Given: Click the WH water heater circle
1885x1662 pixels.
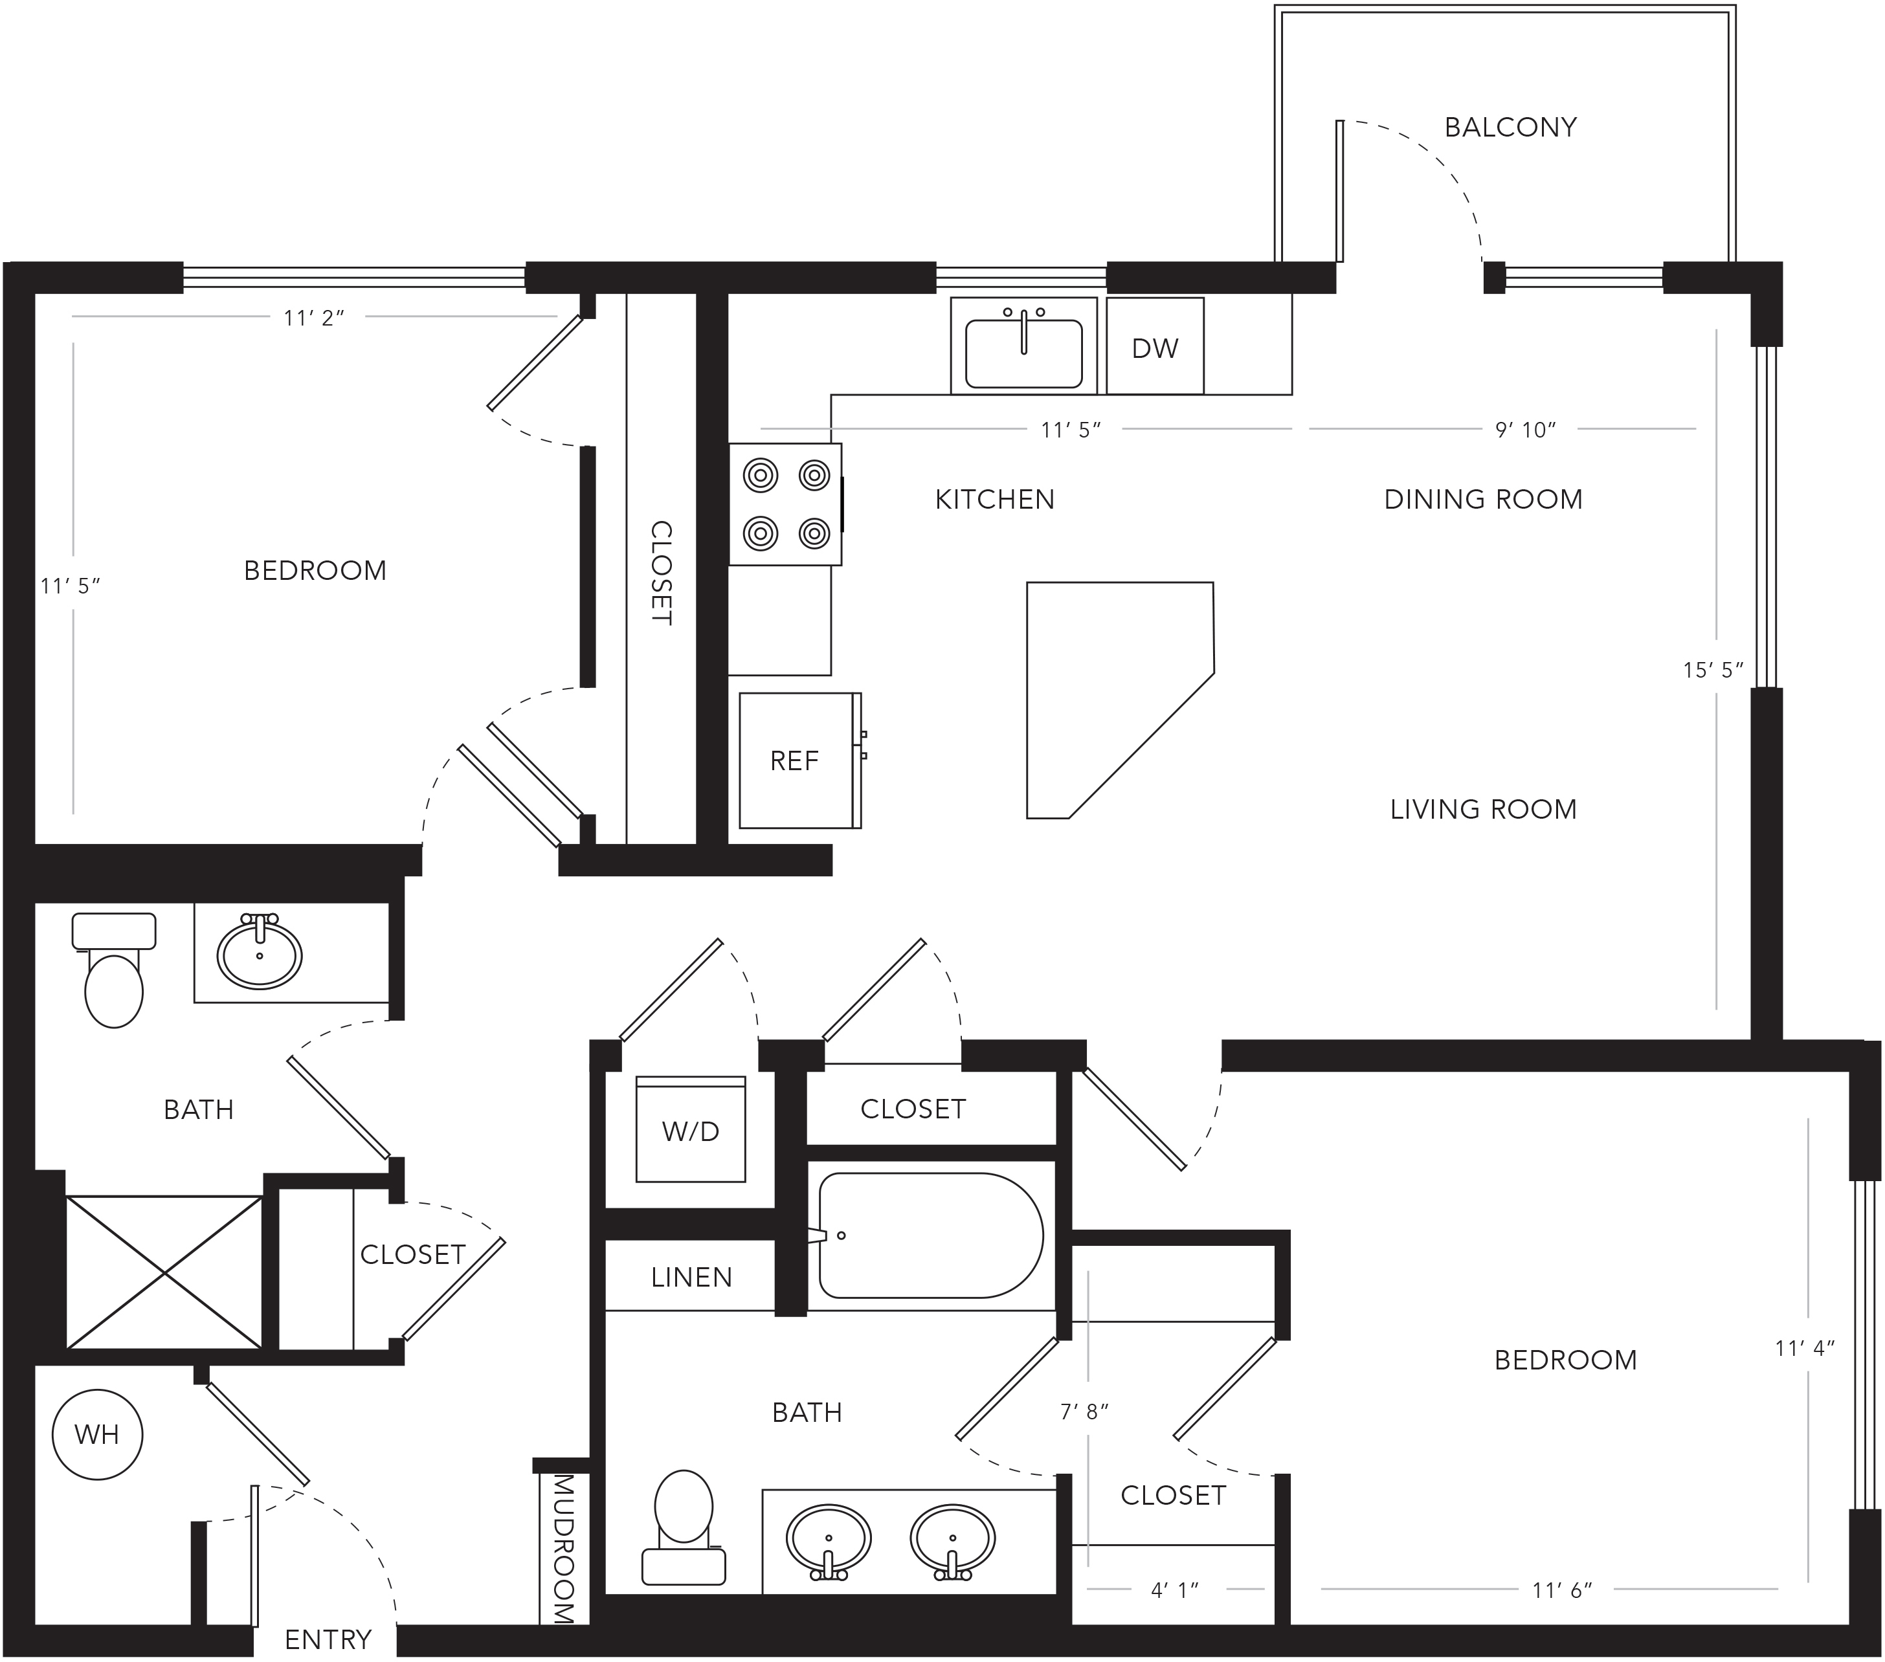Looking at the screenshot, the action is click(97, 1434).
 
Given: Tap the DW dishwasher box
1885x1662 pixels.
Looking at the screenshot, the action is click(1155, 346).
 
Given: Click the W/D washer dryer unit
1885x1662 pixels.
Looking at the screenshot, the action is click(691, 1129).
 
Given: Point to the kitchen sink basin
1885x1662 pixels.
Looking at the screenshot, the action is click(1023, 354).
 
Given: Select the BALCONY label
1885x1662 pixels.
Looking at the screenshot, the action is click(1511, 127).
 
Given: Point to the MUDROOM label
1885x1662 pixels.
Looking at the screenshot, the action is click(563, 1549).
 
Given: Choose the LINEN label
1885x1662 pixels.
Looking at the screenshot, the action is click(691, 1278).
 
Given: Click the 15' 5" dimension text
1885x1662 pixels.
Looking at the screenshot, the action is click(1713, 670).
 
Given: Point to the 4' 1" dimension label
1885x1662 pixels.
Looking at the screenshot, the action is click(1175, 1589).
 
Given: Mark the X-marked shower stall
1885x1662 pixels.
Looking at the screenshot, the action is click(164, 1273).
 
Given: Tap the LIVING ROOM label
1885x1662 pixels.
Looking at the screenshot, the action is click(1484, 810).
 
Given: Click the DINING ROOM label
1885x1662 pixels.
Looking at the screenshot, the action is click(1484, 500).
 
